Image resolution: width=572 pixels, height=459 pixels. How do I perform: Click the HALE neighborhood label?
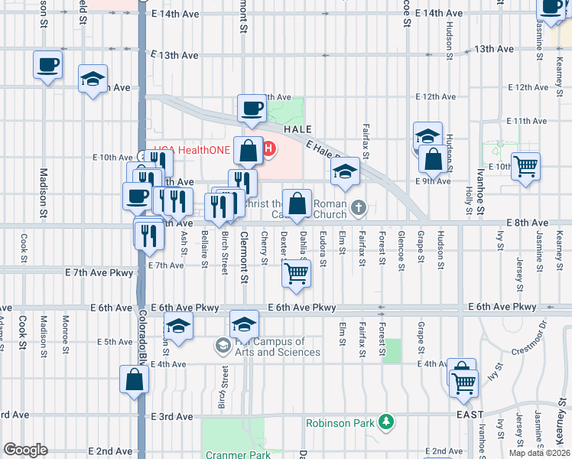(x=298, y=130)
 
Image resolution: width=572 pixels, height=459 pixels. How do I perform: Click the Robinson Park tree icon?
(x=388, y=422)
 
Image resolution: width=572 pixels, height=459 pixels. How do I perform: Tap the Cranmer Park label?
(x=239, y=454)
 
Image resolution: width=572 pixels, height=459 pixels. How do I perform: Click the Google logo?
(x=25, y=450)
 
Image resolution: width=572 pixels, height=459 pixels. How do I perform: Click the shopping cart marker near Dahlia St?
(x=297, y=273)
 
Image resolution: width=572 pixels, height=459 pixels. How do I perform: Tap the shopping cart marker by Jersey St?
(x=526, y=166)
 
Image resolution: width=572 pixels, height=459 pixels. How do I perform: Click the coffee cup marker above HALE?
(x=252, y=109)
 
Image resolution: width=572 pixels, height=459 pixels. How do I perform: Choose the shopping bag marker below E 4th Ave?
(x=134, y=379)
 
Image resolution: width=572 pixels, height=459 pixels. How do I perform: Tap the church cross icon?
(x=359, y=207)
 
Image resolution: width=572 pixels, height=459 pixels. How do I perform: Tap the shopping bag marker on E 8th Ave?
(x=297, y=203)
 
